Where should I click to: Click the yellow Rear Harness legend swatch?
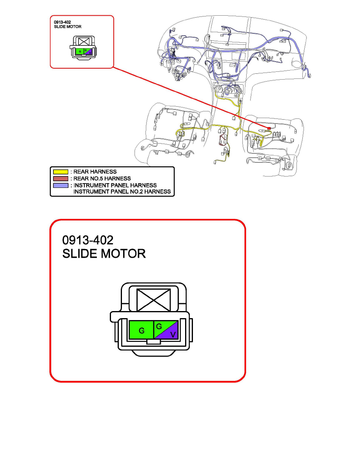pyautogui.click(x=61, y=172)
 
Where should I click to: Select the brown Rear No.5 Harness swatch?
pyautogui.click(x=61, y=178)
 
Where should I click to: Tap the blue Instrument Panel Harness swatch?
pyautogui.click(x=61, y=186)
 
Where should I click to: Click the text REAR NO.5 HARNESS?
pyautogui.click(x=102, y=178)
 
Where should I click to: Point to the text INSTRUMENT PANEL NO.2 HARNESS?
pyautogui.click(x=122, y=192)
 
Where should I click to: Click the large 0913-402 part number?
pyautogui.click(x=88, y=240)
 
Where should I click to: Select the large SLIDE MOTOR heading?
pyautogui.click(x=104, y=254)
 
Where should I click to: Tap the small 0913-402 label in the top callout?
pyautogui.click(x=62, y=22)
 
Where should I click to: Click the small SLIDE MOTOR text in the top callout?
pyautogui.click(x=68, y=27)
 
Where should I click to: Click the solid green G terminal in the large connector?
pyautogui.click(x=142, y=330)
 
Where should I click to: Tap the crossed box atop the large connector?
pyautogui.click(x=154, y=300)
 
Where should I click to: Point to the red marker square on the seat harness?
pyautogui.click(x=269, y=129)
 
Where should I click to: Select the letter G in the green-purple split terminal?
pyautogui.click(x=159, y=327)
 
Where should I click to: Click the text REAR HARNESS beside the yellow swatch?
pyautogui.click(x=95, y=172)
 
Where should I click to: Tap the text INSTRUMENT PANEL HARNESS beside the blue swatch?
pyautogui.click(x=115, y=186)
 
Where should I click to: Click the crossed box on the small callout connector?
pyautogui.click(x=84, y=41)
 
